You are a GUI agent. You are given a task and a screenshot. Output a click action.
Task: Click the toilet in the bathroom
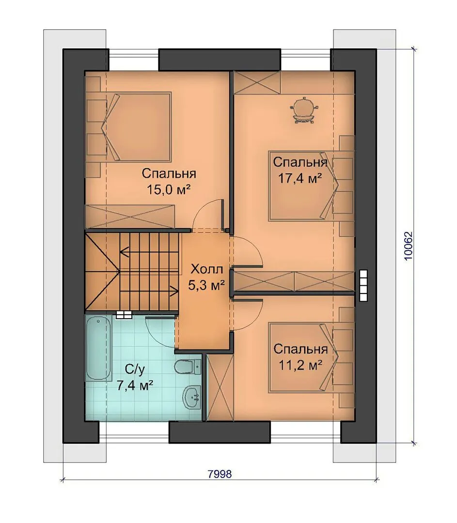188,367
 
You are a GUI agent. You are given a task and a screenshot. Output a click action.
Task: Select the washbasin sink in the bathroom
192,397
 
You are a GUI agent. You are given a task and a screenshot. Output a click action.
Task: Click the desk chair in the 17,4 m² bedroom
304,110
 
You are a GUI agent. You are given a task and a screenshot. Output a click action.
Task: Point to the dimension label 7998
220,474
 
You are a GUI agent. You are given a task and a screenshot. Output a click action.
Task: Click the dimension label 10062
409,246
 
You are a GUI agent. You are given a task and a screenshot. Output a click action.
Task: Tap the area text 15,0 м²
169,190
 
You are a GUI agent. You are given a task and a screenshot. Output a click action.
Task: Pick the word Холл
206,269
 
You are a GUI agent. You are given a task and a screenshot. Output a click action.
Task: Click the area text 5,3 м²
206,285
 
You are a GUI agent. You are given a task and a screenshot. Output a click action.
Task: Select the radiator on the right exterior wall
363,281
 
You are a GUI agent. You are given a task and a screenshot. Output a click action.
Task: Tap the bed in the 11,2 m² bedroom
302,357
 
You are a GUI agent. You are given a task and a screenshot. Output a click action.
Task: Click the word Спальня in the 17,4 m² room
300,162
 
